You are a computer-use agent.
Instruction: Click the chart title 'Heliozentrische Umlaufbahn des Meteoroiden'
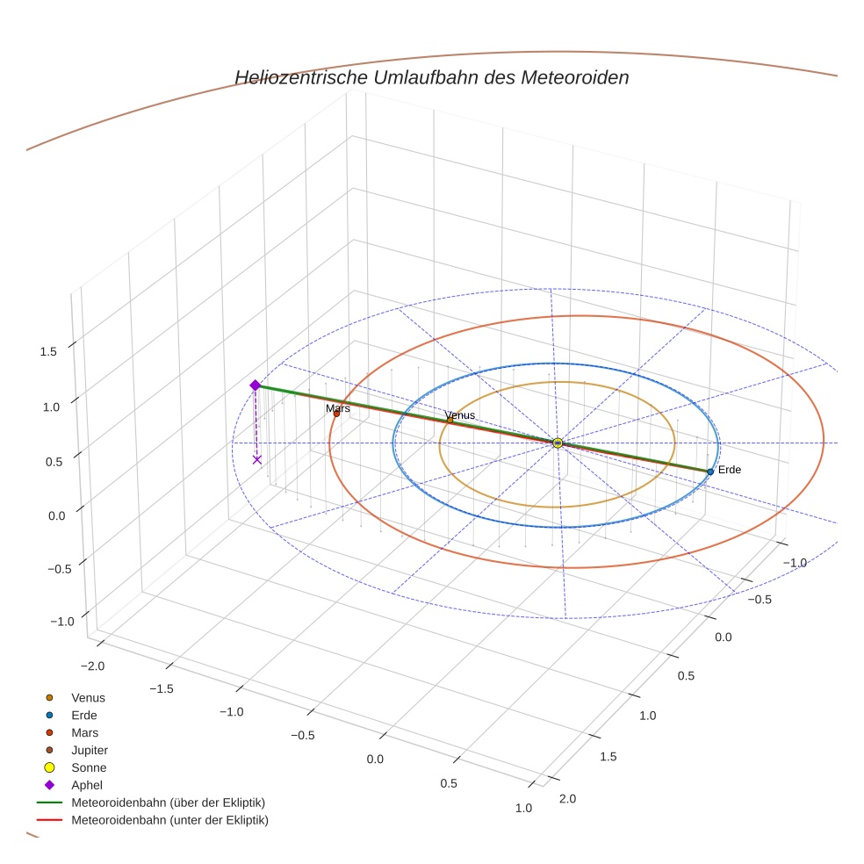tap(431, 77)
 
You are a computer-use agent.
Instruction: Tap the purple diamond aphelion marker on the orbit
tap(255, 385)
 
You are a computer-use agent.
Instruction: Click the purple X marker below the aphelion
tap(257, 459)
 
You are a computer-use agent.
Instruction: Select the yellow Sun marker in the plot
tap(558, 443)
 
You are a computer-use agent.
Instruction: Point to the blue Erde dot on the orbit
tap(710, 472)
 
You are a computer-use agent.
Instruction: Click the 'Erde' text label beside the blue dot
tap(730, 470)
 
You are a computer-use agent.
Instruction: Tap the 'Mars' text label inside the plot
tap(338, 408)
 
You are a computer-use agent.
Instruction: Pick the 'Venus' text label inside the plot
tap(459, 415)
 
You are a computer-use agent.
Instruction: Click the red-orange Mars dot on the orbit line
tap(336, 414)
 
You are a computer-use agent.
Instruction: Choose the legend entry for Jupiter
tap(89, 750)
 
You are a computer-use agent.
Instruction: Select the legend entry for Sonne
tap(89, 767)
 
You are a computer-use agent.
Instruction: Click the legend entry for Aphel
tap(87, 785)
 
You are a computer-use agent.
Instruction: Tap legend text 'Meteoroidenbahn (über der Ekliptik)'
tap(168, 803)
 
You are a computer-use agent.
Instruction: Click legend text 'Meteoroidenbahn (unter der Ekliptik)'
tap(169, 820)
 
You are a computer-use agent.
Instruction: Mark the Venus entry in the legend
tap(88, 697)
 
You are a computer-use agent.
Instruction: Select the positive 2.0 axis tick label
tap(567, 798)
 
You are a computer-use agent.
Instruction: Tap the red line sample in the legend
tap(49, 820)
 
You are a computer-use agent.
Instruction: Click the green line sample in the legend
tap(49, 803)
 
